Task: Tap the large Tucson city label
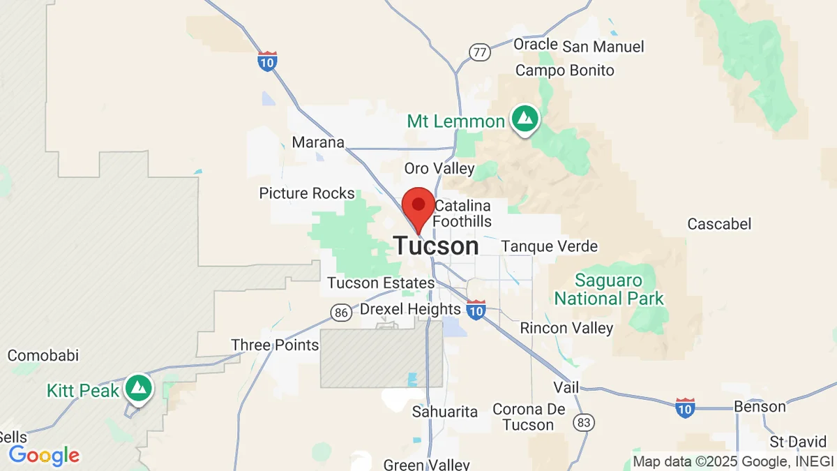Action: click(x=436, y=246)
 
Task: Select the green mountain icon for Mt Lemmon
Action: click(x=525, y=119)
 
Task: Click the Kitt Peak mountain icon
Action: click(x=139, y=388)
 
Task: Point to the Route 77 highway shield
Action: click(x=479, y=53)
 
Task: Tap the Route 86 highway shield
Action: click(x=341, y=313)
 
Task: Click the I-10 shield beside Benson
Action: click(x=685, y=408)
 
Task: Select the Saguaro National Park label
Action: click(x=609, y=290)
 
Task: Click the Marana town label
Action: click(x=318, y=142)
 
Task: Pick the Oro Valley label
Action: click(x=439, y=168)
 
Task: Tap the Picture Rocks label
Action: click(x=307, y=193)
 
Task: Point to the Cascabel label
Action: click(x=719, y=224)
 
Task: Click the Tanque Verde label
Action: click(x=550, y=246)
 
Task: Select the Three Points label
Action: click(x=275, y=345)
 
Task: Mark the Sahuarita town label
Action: click(x=445, y=412)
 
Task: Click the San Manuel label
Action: click(x=603, y=47)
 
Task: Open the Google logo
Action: click(x=44, y=456)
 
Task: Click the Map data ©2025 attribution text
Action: click(x=732, y=461)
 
